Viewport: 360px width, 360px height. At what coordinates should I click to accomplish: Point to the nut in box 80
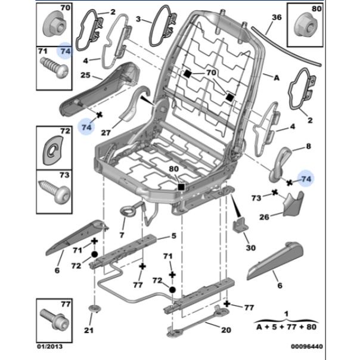[306, 26]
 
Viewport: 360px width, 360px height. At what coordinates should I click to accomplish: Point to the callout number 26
[263, 216]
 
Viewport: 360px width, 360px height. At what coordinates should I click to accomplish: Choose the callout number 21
[88, 331]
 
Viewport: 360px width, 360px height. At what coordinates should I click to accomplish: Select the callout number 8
[308, 145]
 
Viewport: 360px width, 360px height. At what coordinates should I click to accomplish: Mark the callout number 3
[138, 20]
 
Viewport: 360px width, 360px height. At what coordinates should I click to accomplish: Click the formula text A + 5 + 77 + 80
[286, 327]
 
